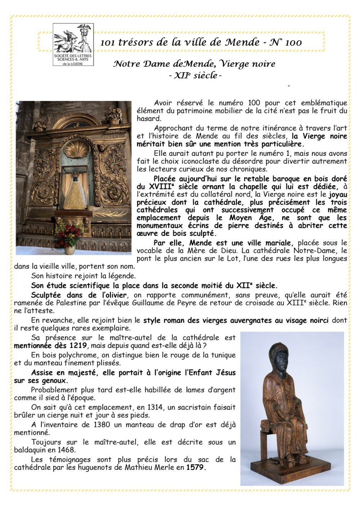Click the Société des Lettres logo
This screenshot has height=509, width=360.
73,45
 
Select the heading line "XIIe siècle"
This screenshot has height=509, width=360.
195,76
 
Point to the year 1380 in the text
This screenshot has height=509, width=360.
102,424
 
